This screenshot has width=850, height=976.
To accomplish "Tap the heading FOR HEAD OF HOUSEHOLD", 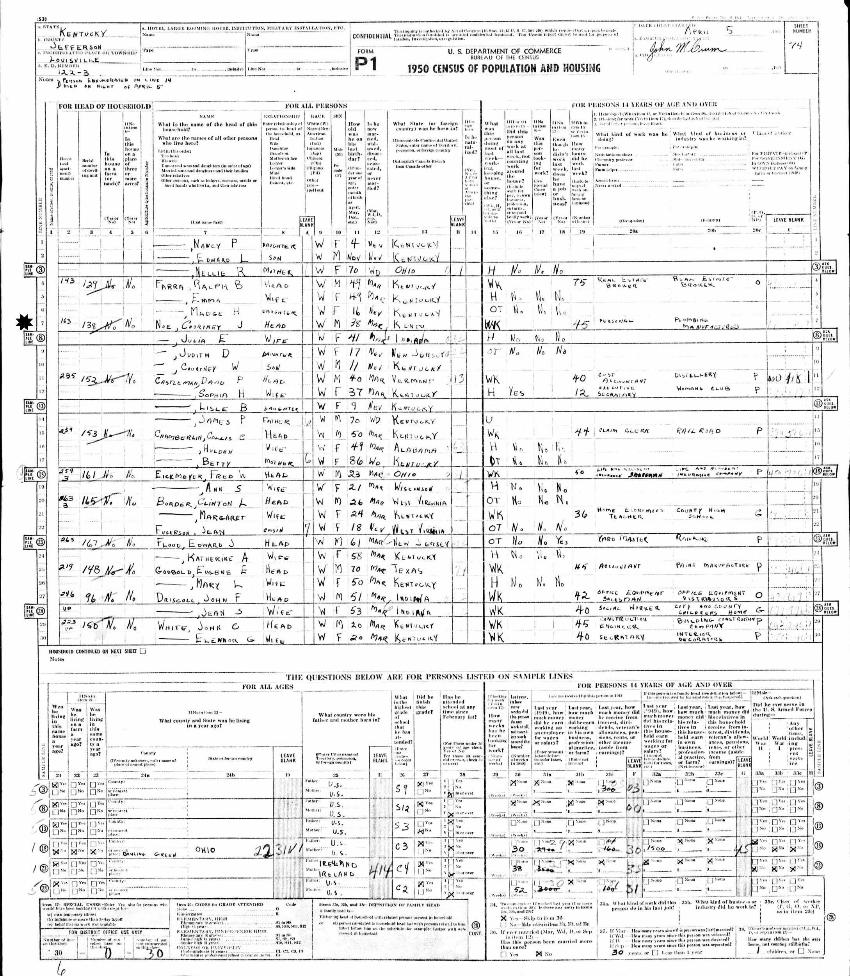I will (104, 106).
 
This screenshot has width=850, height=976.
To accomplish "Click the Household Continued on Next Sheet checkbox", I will (143, 652).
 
